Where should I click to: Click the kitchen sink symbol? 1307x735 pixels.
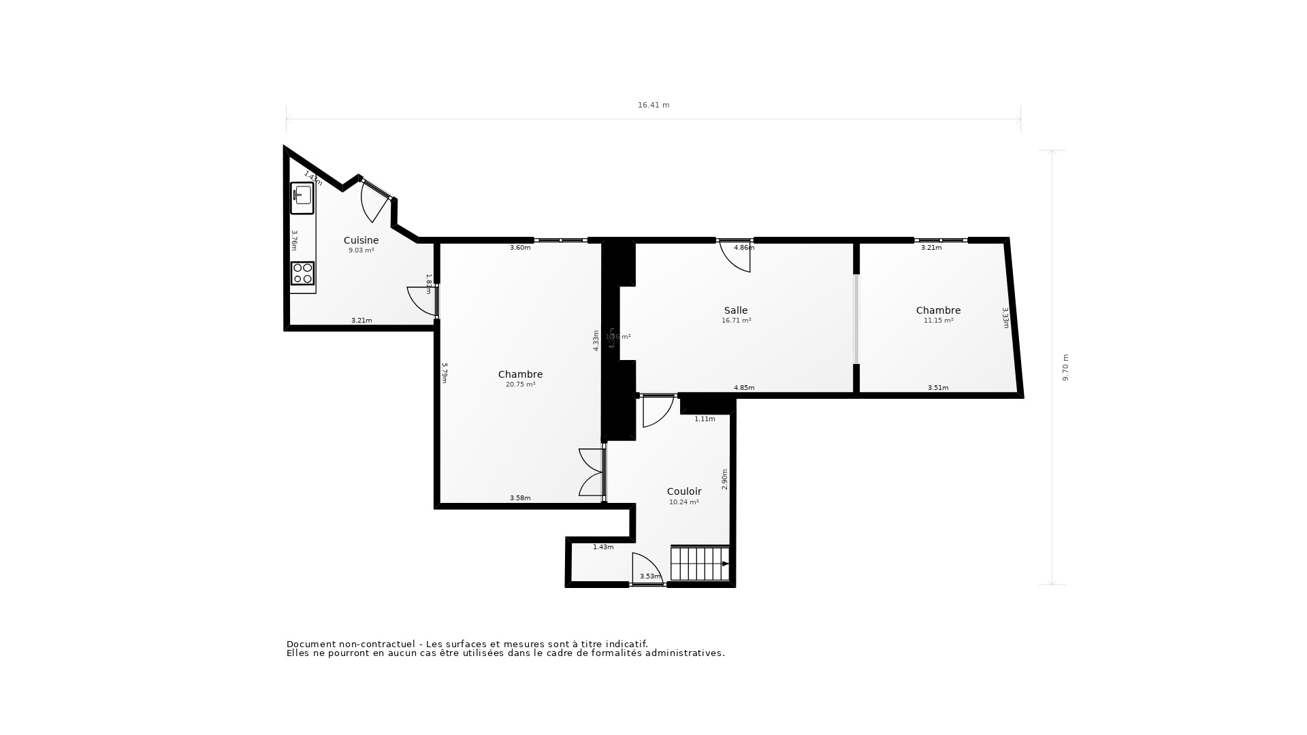[x=302, y=197]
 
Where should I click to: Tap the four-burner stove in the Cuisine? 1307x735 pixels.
[x=302, y=273]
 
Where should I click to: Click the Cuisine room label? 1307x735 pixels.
[x=361, y=240]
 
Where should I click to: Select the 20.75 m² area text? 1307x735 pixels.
[x=520, y=385]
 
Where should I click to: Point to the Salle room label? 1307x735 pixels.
[x=736, y=310]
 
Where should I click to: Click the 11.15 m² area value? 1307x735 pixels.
[x=938, y=321]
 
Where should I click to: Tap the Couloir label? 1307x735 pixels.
[x=683, y=491]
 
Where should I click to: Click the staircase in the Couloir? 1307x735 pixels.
[x=700, y=563]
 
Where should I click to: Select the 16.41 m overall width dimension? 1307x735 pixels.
[x=653, y=105]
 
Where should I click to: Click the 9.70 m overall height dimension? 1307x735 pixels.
[x=1066, y=367]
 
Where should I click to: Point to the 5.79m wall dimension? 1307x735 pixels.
[x=444, y=373]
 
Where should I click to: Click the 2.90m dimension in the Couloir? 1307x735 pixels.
[x=725, y=479]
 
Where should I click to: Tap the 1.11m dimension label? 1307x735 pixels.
[x=705, y=419]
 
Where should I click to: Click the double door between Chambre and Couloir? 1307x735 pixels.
[x=592, y=472]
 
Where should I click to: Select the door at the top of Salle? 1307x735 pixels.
[x=736, y=256]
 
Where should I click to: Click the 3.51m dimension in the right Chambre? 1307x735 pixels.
[x=938, y=388]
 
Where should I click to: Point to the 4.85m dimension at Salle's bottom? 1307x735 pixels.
[x=743, y=388]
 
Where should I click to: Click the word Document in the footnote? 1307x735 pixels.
[x=311, y=644]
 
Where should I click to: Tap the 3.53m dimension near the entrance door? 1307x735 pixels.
[x=649, y=576]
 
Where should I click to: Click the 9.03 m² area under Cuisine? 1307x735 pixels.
[x=361, y=250]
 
